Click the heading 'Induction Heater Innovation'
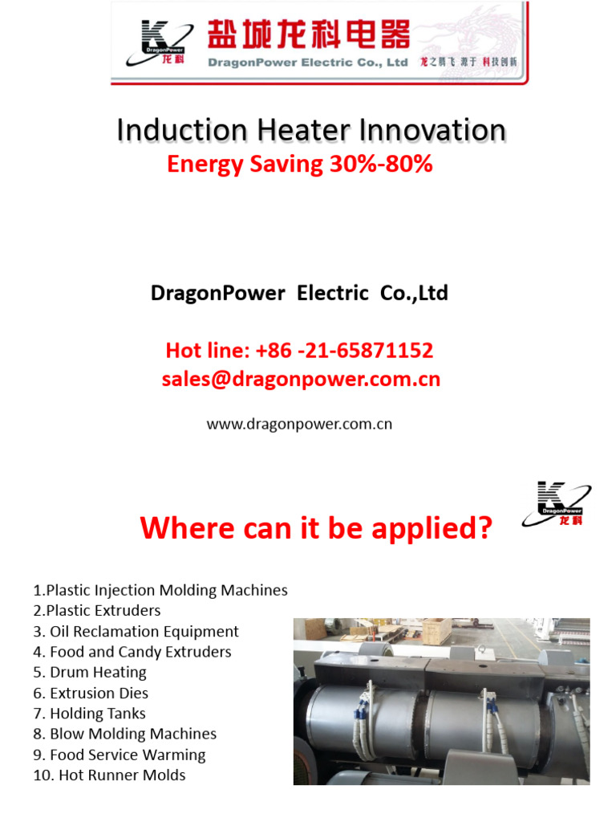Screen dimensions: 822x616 click(311, 130)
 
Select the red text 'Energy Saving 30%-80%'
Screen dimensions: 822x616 click(299, 164)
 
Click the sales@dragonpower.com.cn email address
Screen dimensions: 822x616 click(301, 379)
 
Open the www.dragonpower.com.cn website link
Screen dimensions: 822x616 click(299, 424)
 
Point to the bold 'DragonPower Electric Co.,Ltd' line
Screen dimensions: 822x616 click(299, 293)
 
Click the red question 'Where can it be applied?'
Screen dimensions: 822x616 click(315, 528)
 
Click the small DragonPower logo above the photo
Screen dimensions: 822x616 click(556, 503)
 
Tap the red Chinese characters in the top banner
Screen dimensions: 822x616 click(309, 35)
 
